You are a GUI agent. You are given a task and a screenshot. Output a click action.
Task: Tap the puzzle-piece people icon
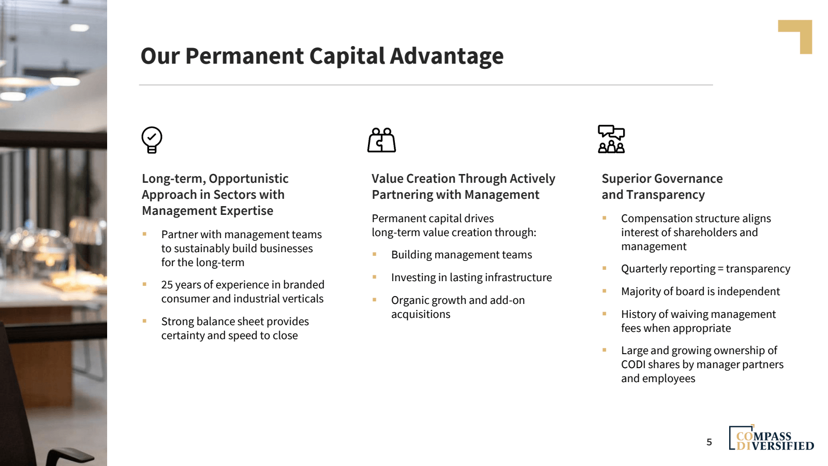[381, 140]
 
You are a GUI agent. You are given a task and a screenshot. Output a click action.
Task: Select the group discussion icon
[611, 139]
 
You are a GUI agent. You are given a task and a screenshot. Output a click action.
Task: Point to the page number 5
[709, 442]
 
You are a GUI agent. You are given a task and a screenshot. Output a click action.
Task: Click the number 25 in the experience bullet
[167, 285]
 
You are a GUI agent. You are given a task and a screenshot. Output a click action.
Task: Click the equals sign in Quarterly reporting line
[720, 269]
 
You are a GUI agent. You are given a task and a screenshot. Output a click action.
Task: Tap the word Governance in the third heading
[691, 179]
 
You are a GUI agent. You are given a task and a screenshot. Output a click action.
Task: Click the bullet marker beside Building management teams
[374, 254]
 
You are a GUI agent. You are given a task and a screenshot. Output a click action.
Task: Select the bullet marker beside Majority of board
[604, 291]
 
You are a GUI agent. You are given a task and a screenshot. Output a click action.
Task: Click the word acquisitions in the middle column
[421, 314]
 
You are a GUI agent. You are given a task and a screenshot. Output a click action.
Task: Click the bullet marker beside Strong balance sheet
[144, 321]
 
